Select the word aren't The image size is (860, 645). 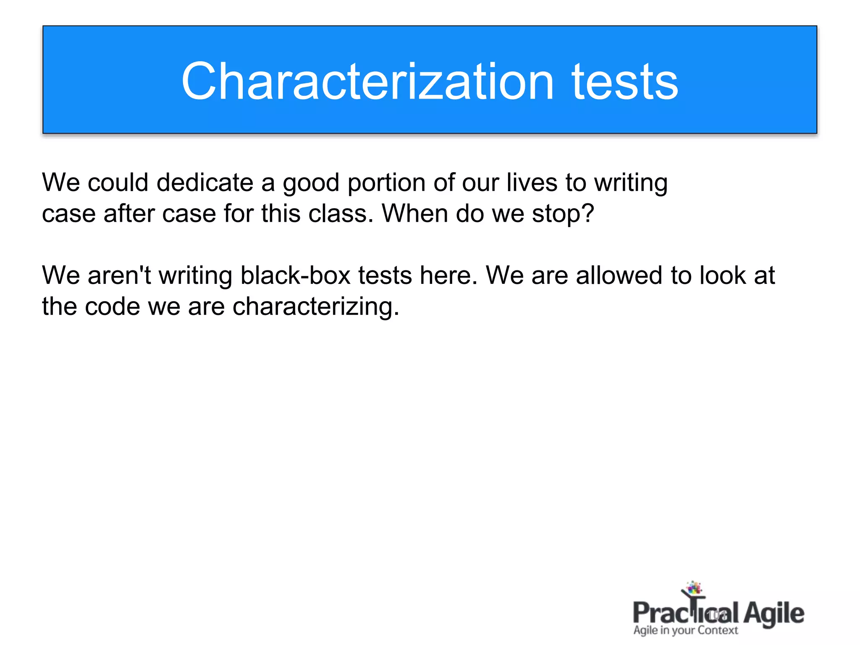coord(119,275)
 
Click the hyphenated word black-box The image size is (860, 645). coord(295,275)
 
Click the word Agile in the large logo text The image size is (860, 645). coord(773,614)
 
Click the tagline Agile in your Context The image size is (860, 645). coord(685,630)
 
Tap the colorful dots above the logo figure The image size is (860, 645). coord(694,587)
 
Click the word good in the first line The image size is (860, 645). coord(311,184)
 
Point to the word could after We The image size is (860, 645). coord(118,183)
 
